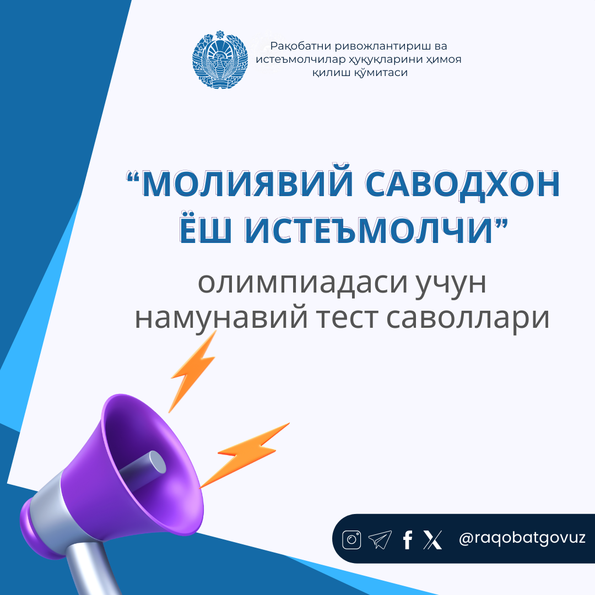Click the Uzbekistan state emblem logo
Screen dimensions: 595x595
click(x=220, y=59)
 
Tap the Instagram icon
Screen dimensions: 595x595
click(x=351, y=539)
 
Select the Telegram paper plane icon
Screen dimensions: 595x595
click(x=380, y=539)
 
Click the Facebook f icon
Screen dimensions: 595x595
click(x=408, y=539)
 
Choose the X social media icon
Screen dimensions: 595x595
click(x=432, y=539)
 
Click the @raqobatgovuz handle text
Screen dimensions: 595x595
click(x=522, y=538)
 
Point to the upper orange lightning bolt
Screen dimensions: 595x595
click(x=193, y=371)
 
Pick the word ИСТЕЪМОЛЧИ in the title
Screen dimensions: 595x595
click(x=367, y=230)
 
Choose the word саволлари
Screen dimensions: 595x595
click(x=468, y=318)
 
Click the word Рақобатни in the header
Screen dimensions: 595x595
click(x=300, y=46)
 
